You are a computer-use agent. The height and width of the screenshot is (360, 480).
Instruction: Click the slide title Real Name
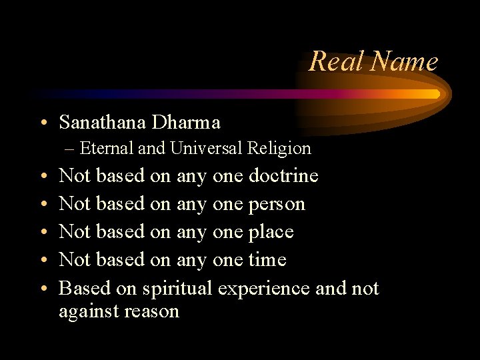pyautogui.click(x=373, y=61)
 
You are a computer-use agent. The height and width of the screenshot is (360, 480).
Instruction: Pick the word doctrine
pyautogui.click(x=283, y=176)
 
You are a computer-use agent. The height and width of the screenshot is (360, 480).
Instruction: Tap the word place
pyautogui.click(x=271, y=231)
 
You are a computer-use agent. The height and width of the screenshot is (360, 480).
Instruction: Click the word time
pyautogui.click(x=267, y=259)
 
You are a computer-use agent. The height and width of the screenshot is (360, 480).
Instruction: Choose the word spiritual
pyautogui.click(x=177, y=288)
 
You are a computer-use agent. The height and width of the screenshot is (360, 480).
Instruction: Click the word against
pyautogui.click(x=89, y=311)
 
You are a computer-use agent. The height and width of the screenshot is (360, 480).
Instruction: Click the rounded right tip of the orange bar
pyautogui.click(x=437, y=94)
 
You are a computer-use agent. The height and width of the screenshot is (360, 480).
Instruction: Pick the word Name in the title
pyautogui.click(x=405, y=61)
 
